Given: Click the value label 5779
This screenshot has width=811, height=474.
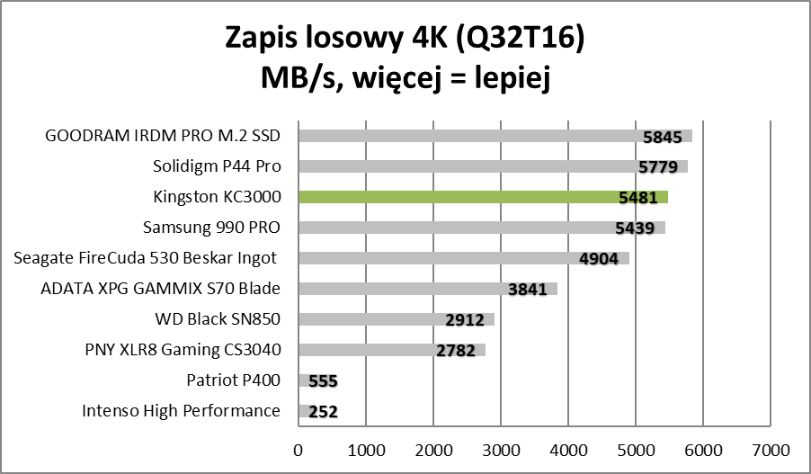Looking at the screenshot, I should [659, 167].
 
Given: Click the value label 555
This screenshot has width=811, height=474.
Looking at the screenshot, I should [323, 381].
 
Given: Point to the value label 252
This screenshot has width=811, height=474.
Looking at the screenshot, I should [323, 412].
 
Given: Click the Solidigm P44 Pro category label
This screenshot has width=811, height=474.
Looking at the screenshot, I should [217, 166].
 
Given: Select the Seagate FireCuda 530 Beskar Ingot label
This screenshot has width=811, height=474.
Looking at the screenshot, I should [147, 258].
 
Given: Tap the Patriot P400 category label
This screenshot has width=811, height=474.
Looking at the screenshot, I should [234, 380].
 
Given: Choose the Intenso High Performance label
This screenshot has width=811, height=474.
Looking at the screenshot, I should [182, 411].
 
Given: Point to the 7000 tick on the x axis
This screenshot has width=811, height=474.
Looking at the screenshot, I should [771, 448].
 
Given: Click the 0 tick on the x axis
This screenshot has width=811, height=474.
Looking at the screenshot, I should [299, 448].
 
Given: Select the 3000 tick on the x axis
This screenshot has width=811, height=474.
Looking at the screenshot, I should [501, 448].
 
